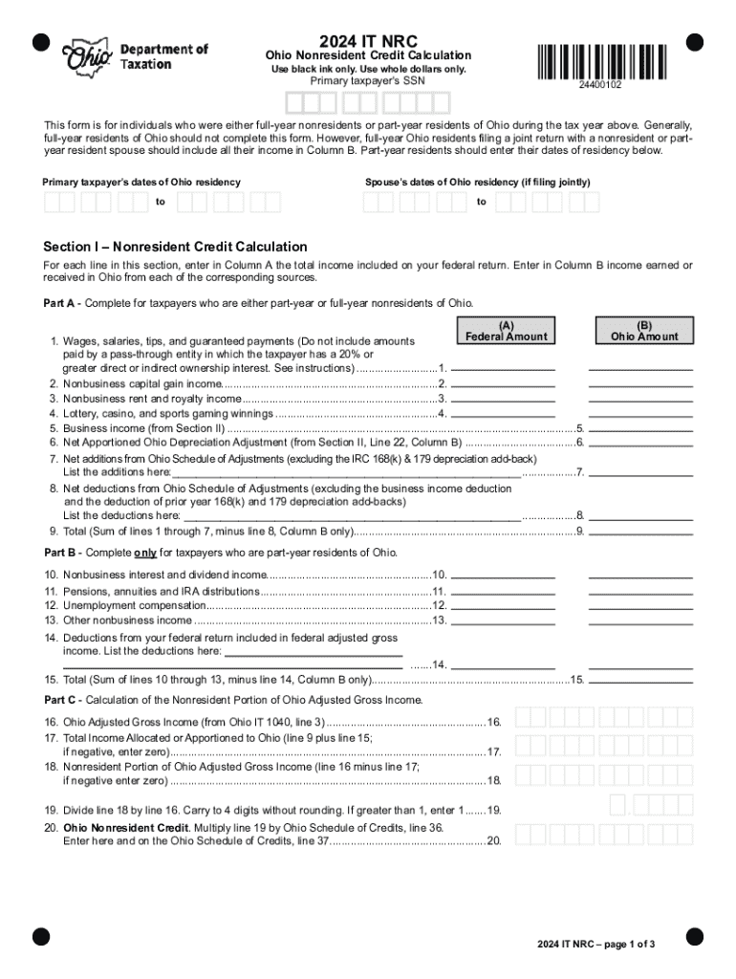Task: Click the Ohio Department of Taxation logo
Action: [x=134, y=58]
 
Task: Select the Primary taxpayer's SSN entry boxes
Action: [x=368, y=102]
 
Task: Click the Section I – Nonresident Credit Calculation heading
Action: [x=176, y=247]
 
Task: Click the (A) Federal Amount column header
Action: [x=506, y=331]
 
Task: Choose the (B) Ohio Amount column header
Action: [x=643, y=331]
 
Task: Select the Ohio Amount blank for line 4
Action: [x=640, y=413]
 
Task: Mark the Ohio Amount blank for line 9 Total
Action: [x=640, y=531]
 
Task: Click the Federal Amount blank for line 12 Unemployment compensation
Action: [x=503, y=605]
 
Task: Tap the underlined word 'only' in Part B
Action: [x=145, y=554]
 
